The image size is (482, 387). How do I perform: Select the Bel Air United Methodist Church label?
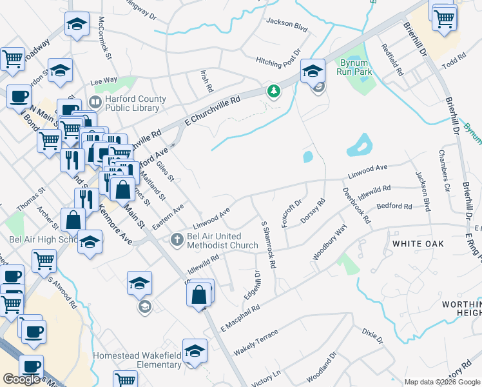[x=222, y=241]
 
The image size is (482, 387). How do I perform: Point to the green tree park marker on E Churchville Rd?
[x=274, y=91]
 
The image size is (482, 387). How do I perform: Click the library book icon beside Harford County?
[x=95, y=101]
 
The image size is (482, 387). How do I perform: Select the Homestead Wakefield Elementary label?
[x=137, y=360]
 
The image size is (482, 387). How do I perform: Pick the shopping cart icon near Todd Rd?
[x=444, y=17]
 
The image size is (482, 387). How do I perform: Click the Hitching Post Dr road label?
[x=278, y=59]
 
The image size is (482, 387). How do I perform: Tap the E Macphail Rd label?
[x=239, y=316]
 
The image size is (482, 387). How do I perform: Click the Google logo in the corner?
[x=21, y=379]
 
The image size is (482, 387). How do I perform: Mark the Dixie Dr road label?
[x=372, y=335]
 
